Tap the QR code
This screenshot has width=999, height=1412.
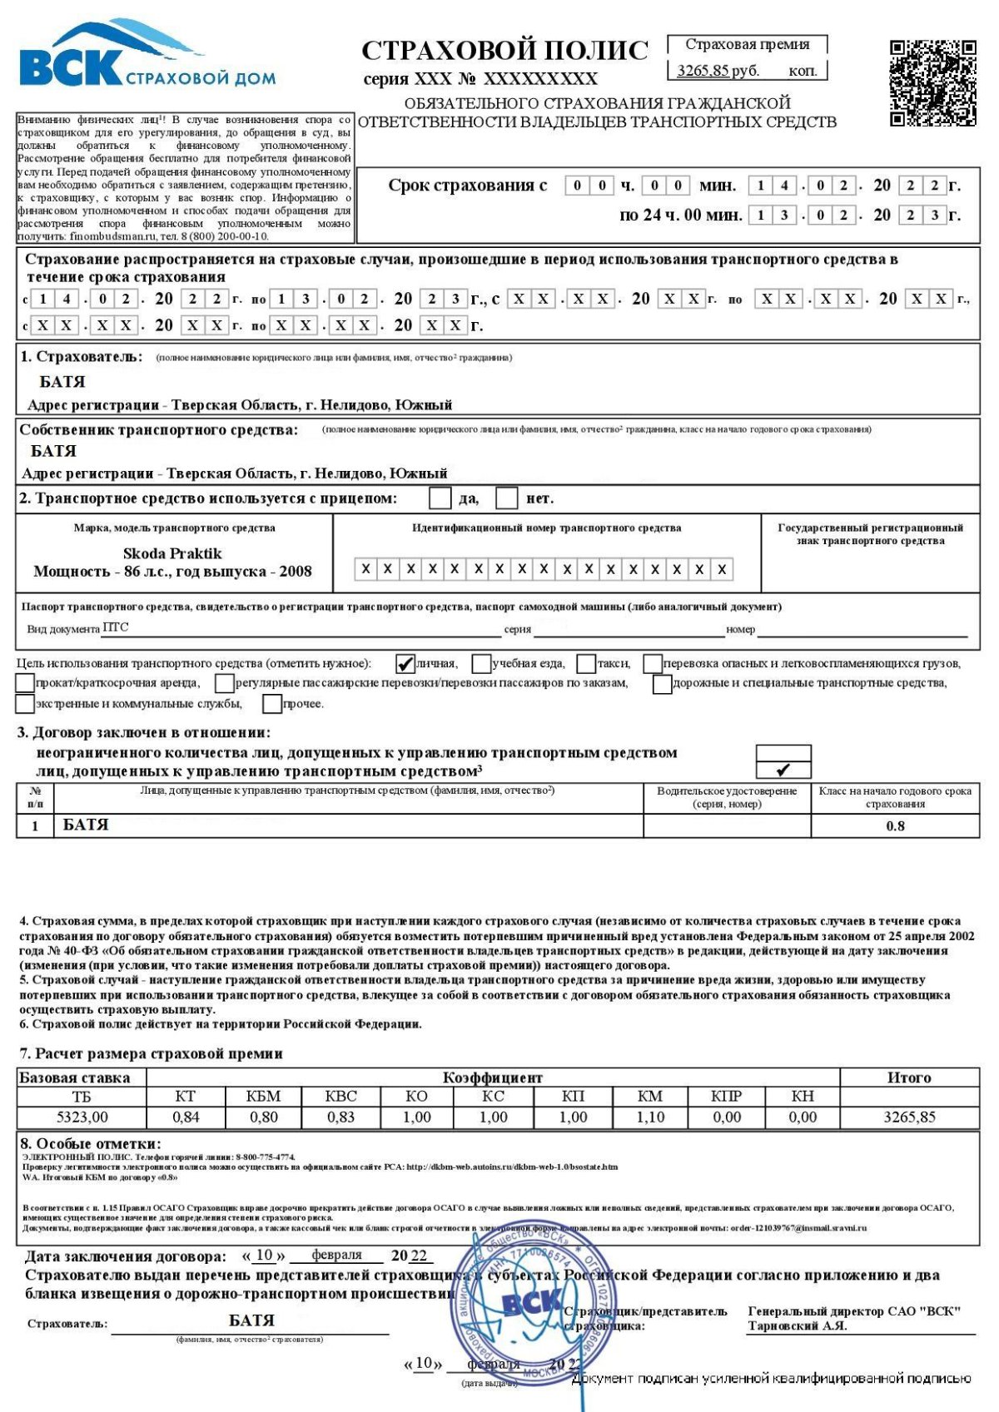tap(932, 82)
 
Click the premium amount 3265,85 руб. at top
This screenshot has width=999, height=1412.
tap(718, 71)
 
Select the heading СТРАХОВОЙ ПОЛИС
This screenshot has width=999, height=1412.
tap(504, 51)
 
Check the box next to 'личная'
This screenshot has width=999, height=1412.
tap(405, 663)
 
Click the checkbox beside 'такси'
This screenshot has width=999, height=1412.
tap(586, 663)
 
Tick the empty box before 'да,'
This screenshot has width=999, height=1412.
tap(440, 498)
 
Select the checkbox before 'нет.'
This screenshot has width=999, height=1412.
tap(506, 498)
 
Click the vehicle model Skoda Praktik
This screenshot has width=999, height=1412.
tap(172, 553)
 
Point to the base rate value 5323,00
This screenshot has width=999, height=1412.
tap(82, 1117)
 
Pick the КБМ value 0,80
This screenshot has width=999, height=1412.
tap(264, 1117)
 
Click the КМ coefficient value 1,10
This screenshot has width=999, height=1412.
tap(650, 1117)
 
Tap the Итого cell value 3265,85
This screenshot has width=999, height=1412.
tap(909, 1117)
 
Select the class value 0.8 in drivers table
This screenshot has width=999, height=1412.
tap(895, 826)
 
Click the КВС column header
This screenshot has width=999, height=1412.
tap(340, 1096)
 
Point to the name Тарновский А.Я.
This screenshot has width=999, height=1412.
tap(797, 1326)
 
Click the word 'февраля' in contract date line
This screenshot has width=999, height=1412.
tap(336, 1255)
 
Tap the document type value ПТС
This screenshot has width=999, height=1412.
tap(116, 627)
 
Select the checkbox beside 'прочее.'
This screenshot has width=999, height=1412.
tap(272, 704)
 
